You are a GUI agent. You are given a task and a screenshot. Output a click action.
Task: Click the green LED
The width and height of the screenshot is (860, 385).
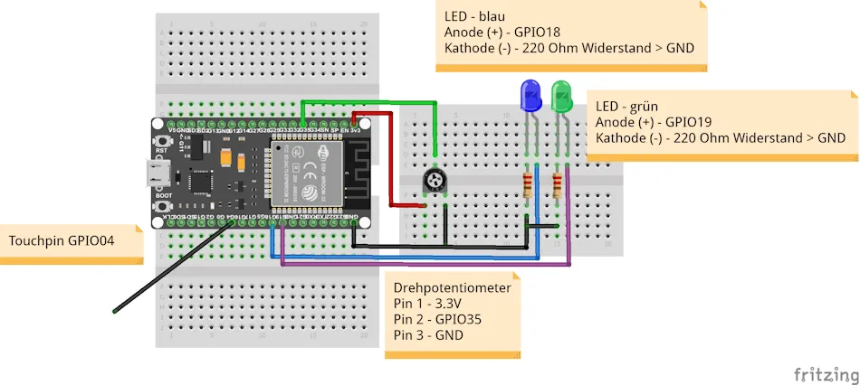(561, 95)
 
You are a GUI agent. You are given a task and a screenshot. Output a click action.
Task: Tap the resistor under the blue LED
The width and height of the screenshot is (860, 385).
(528, 186)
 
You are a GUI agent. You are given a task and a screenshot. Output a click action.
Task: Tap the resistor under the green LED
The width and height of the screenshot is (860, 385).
(559, 186)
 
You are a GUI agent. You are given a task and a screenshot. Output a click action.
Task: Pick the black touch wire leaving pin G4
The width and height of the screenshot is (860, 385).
(167, 269)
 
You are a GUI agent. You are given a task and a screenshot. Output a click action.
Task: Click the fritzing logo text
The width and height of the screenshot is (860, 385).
(824, 373)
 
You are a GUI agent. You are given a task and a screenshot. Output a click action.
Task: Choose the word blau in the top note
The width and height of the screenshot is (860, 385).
(490, 16)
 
